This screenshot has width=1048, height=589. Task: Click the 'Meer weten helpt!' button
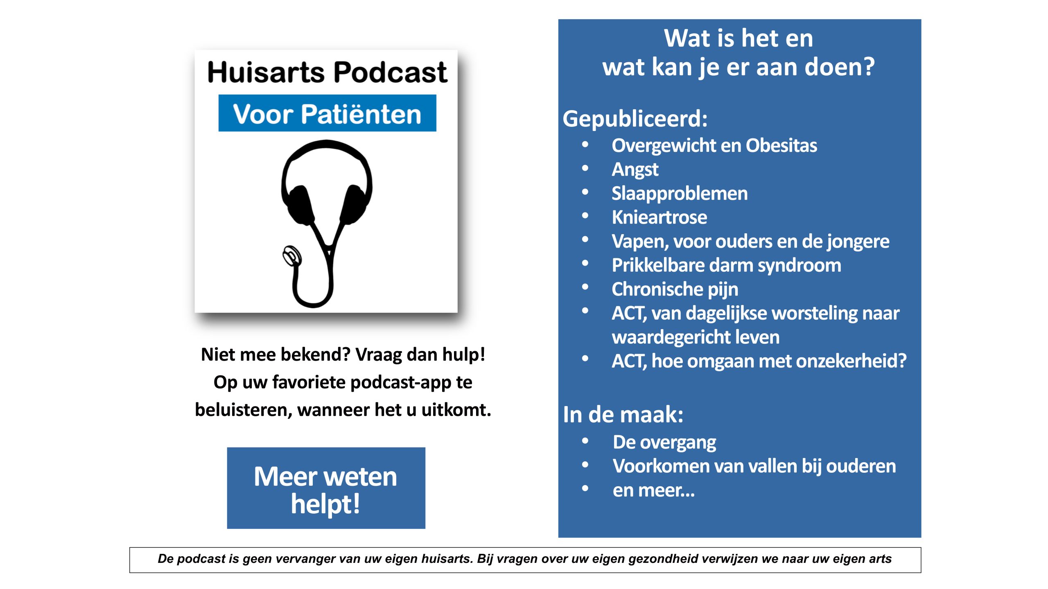click(x=326, y=488)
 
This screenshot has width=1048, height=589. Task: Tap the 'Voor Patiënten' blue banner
click(x=327, y=113)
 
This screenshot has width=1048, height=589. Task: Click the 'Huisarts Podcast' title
click(x=327, y=72)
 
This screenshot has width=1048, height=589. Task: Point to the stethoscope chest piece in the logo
click(x=292, y=255)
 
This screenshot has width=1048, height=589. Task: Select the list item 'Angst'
click(x=635, y=169)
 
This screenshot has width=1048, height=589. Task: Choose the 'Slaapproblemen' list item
click(x=680, y=193)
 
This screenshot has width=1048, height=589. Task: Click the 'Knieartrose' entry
click(x=659, y=217)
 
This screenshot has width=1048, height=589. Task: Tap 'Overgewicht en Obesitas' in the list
click(x=714, y=145)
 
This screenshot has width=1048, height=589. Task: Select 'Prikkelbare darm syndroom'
click(x=727, y=265)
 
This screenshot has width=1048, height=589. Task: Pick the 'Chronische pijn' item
click(x=675, y=289)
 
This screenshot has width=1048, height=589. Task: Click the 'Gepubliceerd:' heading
click(x=635, y=119)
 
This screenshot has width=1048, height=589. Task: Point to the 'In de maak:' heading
click(x=623, y=414)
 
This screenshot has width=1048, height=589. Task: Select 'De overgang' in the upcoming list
click(x=664, y=442)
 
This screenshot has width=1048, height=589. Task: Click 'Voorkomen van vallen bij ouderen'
click(x=754, y=466)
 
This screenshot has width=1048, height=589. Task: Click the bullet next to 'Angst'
click(x=585, y=168)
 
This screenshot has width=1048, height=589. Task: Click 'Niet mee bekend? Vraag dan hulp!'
click(x=343, y=354)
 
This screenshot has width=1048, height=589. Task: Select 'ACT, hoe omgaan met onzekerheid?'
click(x=759, y=361)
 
